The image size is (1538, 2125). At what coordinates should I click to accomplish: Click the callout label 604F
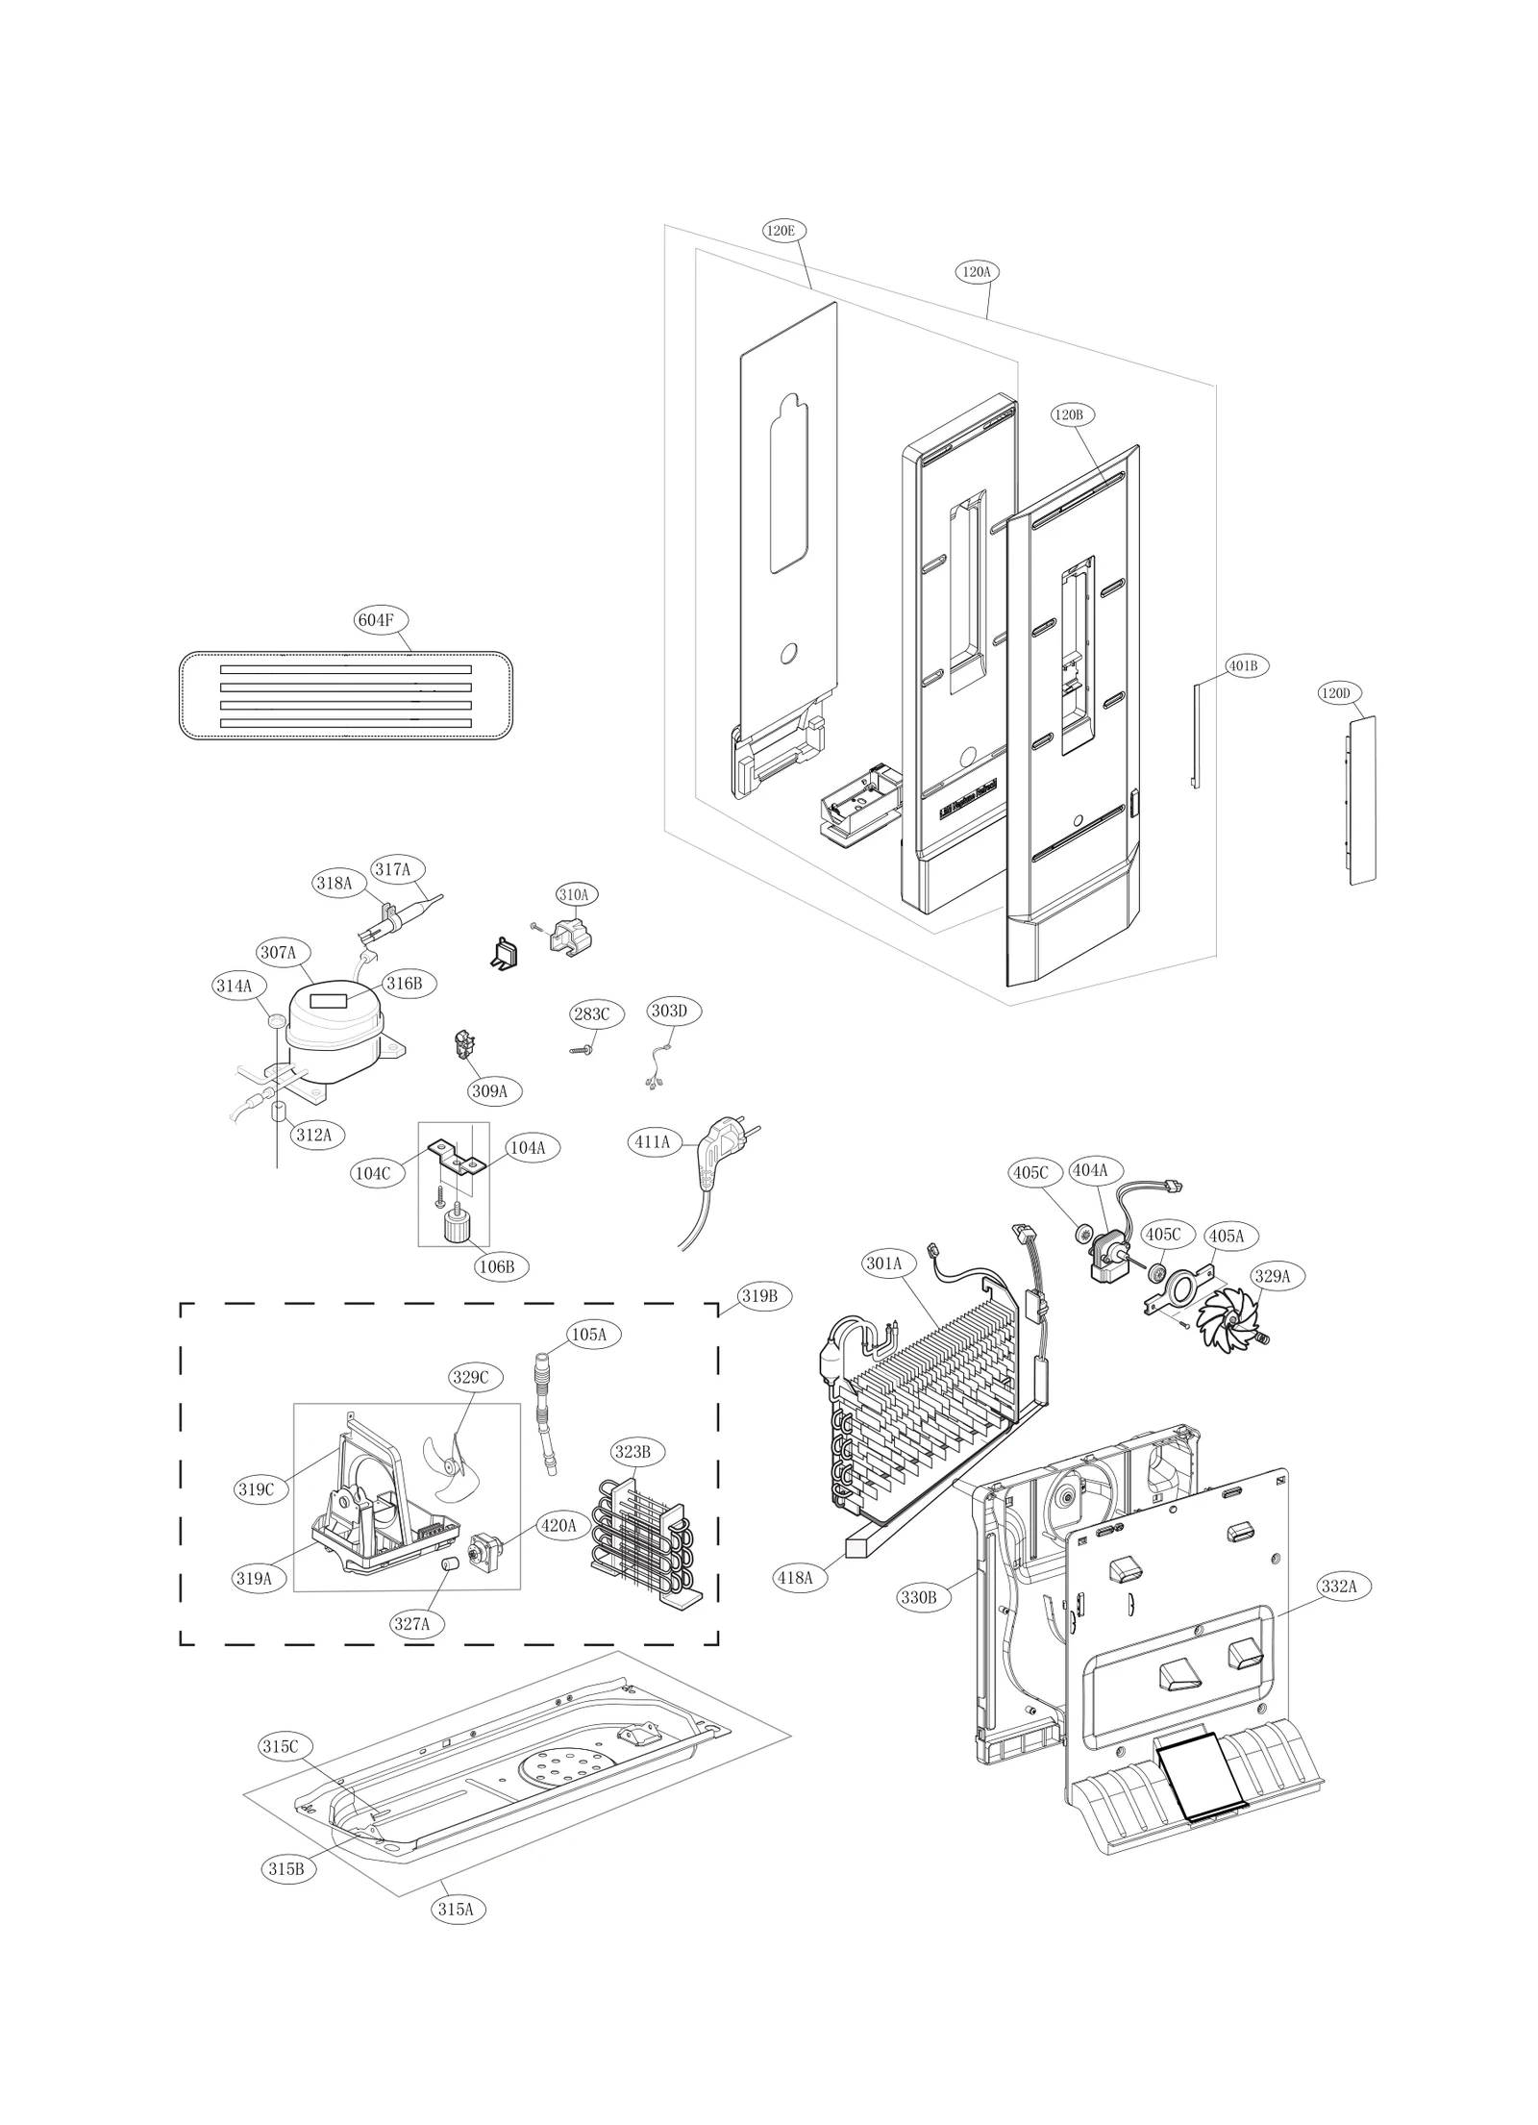pyautogui.click(x=376, y=620)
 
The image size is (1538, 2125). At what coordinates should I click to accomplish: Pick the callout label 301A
pyautogui.click(x=883, y=1263)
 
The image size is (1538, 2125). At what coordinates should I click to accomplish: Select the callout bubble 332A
pyautogui.click(x=1338, y=1587)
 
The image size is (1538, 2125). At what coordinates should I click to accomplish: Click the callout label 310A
pyautogui.click(x=573, y=894)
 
